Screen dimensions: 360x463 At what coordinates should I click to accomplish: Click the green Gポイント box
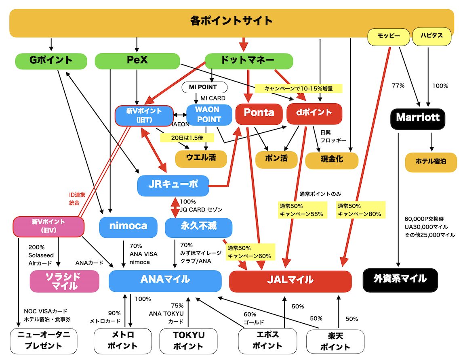(x=51, y=61)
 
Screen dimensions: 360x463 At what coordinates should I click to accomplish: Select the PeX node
(x=137, y=61)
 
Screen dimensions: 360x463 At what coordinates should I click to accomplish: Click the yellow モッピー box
(x=388, y=36)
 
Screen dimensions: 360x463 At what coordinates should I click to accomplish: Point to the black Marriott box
(x=418, y=118)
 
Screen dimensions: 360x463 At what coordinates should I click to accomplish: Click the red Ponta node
(x=259, y=113)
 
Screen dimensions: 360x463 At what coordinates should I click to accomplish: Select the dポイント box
(x=314, y=113)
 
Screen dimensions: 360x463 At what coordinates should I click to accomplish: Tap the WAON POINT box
(x=209, y=114)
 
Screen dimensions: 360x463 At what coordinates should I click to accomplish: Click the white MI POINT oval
(x=204, y=87)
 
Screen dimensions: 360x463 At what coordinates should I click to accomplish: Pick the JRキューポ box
(x=173, y=185)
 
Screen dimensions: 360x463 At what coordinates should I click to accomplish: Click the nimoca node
(x=128, y=227)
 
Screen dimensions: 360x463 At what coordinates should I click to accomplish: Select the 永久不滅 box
(x=198, y=227)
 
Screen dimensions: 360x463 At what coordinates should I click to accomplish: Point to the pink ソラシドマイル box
(x=64, y=281)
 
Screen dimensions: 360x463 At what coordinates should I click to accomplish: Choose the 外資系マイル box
(x=400, y=279)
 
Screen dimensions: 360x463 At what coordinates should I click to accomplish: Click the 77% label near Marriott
(x=398, y=86)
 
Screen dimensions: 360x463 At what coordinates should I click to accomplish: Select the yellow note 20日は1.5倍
(x=187, y=138)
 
